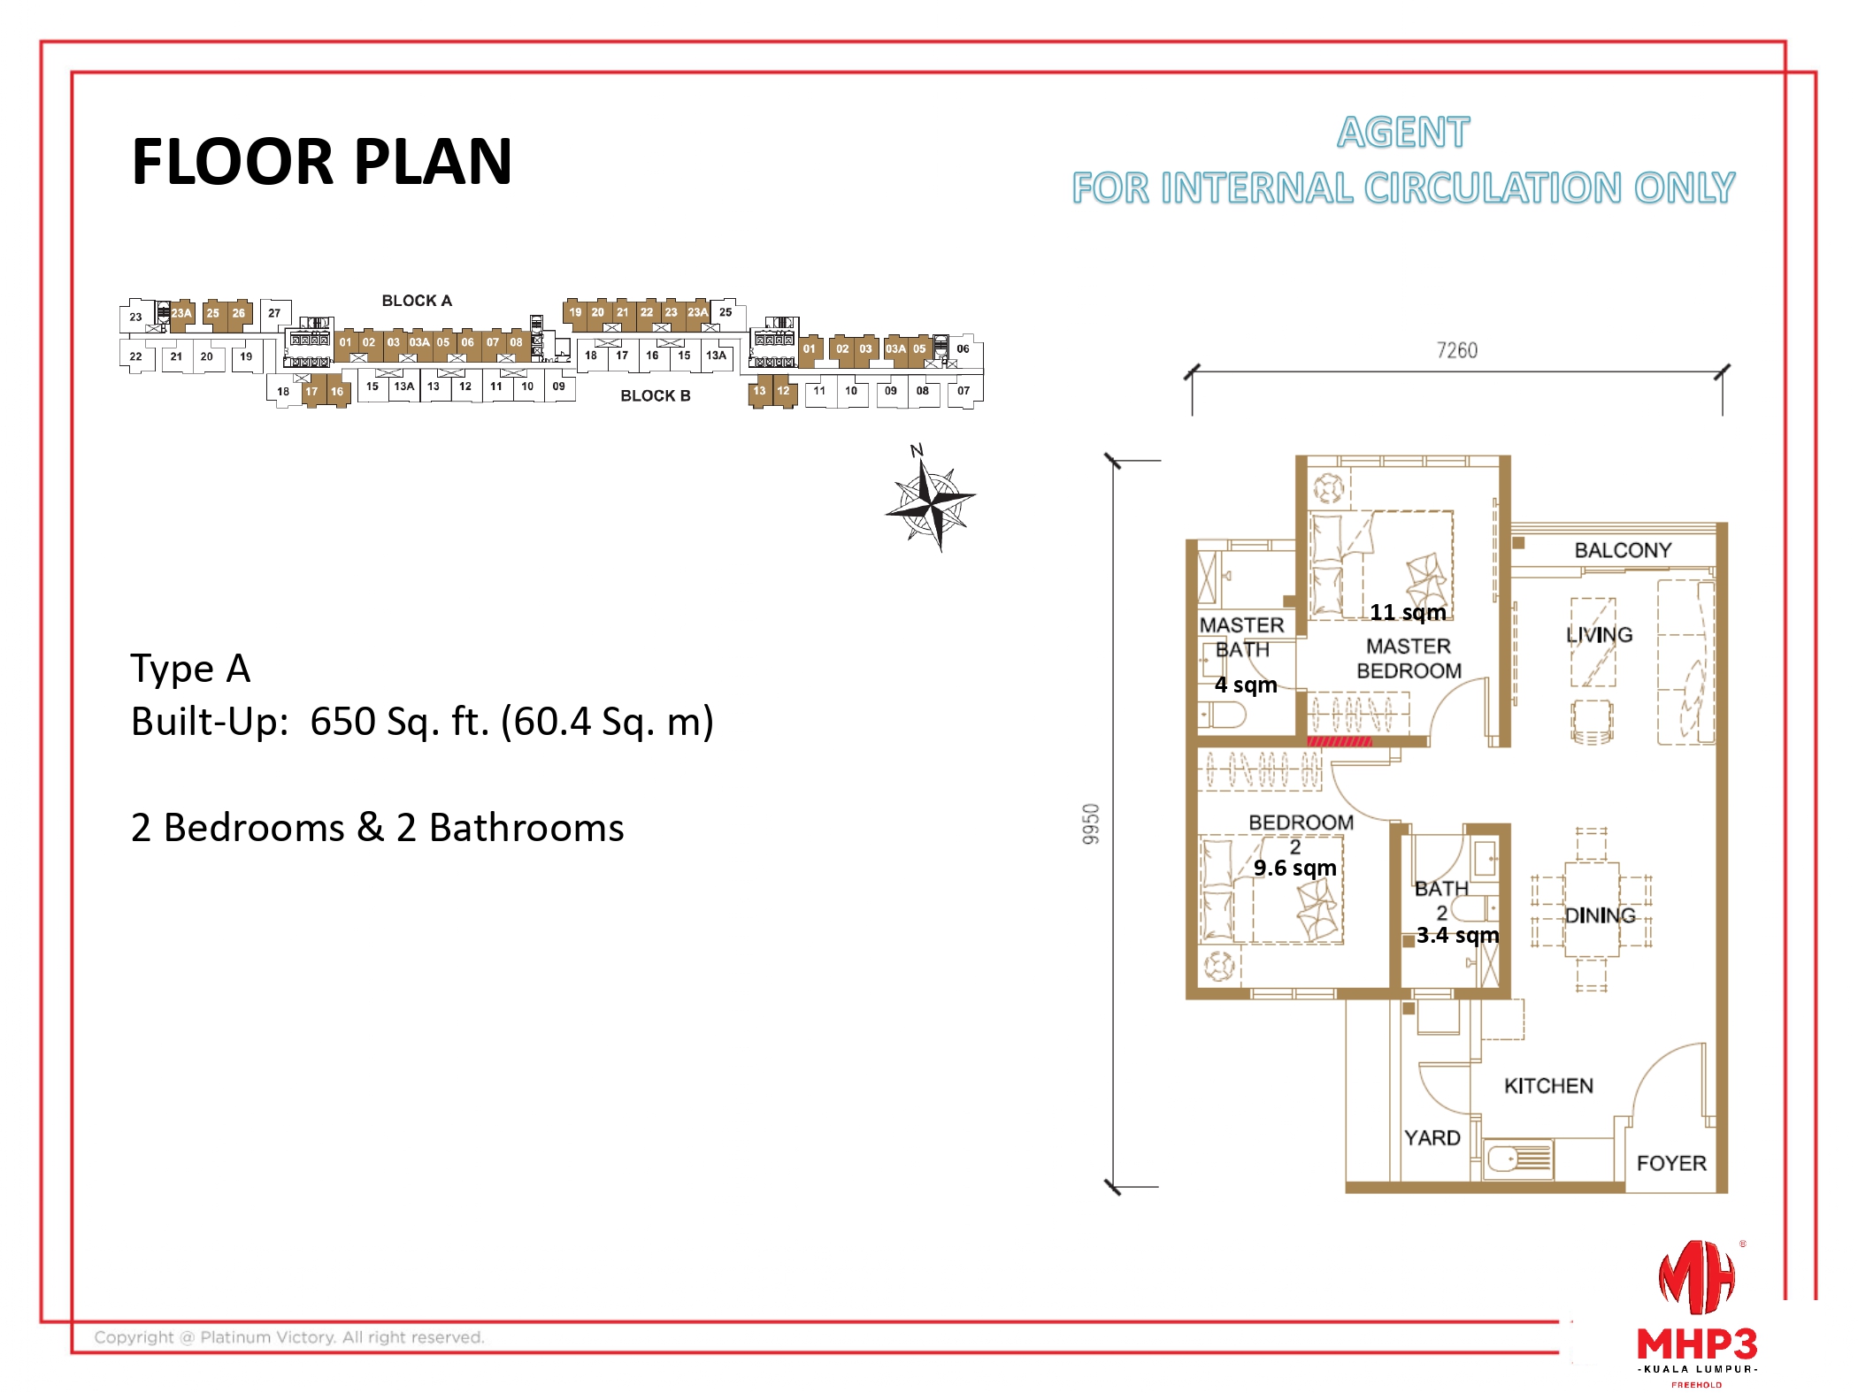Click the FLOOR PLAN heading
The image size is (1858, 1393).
point(321,162)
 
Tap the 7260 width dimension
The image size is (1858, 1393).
point(1456,350)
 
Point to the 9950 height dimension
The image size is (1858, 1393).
point(1091,823)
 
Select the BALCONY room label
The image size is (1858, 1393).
point(1622,550)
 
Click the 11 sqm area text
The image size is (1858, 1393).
point(1407,612)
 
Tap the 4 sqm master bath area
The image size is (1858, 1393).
point(1245,685)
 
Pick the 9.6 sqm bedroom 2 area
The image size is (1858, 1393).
point(1294,868)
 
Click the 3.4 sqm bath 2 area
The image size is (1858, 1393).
point(1456,935)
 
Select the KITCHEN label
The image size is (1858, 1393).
point(1548,1085)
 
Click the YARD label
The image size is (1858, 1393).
point(1432,1137)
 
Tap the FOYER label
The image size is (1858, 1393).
point(1670,1163)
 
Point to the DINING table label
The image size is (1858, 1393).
point(1599,915)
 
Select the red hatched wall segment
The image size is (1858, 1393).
point(1339,741)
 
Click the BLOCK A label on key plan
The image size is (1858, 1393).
point(416,301)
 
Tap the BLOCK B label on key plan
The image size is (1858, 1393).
point(655,395)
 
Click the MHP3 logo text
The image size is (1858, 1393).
point(1696,1345)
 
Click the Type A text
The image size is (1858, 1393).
point(190,669)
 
